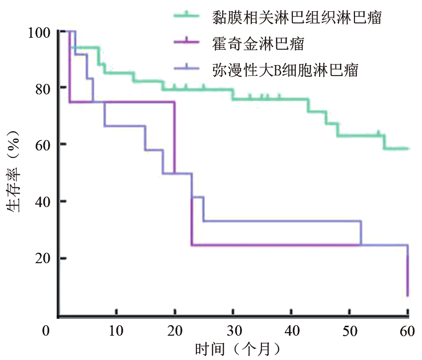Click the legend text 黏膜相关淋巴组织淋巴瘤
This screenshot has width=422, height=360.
(x=297, y=18)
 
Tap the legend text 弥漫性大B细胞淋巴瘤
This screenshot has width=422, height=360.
(x=284, y=70)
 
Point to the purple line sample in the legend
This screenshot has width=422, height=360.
(x=187, y=44)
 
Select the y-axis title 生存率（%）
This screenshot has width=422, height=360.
(x=14, y=171)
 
